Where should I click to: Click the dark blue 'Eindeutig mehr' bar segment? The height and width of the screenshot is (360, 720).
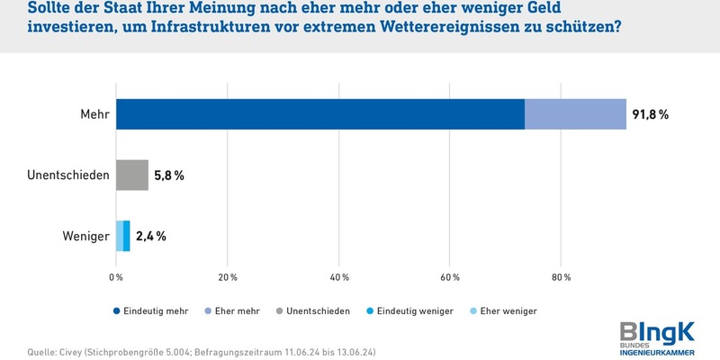[x=319, y=114]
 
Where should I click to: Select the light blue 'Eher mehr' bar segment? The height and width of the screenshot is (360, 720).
[x=575, y=114]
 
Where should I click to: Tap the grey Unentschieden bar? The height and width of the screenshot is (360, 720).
[x=132, y=175]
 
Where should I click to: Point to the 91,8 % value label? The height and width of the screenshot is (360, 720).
[x=651, y=114]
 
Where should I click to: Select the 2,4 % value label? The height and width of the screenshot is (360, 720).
[x=151, y=236]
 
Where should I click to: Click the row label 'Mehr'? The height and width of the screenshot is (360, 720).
[x=94, y=114]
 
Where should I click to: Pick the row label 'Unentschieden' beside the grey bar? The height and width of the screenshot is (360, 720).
[x=68, y=175]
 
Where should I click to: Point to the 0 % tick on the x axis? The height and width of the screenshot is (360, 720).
[x=116, y=276]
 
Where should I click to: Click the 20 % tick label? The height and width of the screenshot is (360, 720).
[x=227, y=276]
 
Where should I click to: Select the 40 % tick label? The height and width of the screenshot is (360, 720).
[x=338, y=276]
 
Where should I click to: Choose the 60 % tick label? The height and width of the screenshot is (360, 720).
[x=450, y=276]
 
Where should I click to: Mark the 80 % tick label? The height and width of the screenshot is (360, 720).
[x=561, y=276]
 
